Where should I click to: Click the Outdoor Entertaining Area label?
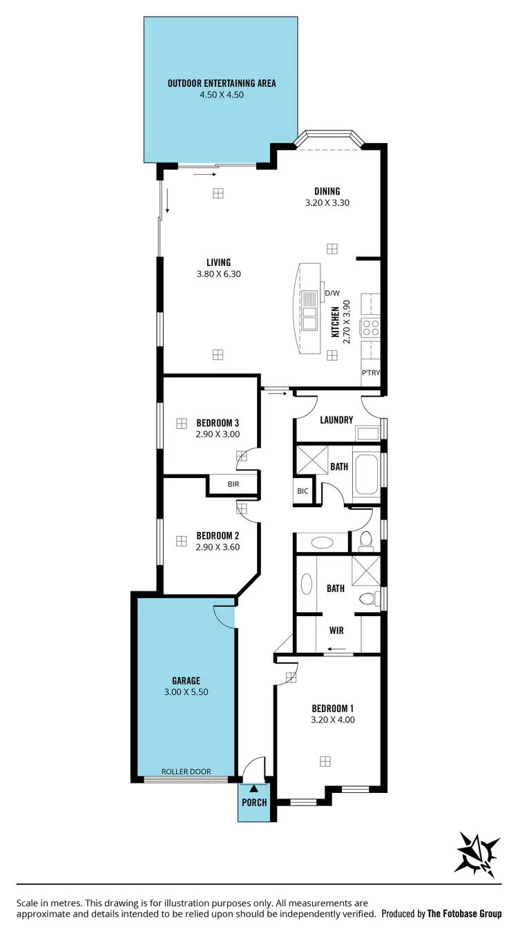221,84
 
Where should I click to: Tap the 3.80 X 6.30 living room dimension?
218,274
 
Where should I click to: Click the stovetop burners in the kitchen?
371,327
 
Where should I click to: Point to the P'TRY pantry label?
371,373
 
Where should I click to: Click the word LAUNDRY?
336,420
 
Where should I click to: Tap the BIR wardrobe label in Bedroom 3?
233,484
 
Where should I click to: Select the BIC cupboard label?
303,491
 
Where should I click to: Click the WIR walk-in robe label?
336,631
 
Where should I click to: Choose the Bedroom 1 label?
333,708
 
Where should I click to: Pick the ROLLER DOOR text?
186,772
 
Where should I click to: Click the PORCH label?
254,803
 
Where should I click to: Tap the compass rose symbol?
477,853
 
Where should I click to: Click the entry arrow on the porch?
254,787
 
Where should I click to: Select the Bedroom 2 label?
218,535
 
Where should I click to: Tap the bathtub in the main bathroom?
365,474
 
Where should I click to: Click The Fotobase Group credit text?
464,913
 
